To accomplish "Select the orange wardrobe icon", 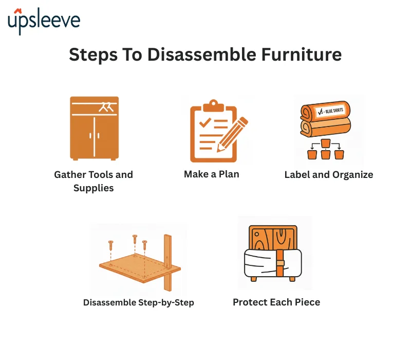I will coord(94,127).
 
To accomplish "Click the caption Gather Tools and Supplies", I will coord(94,181).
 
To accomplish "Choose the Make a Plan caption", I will coord(211,174).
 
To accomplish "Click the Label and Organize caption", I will coord(329,175).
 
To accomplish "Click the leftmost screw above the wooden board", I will coord(110,245).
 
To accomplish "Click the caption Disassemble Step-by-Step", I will coord(139,302).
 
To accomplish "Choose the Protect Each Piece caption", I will coord(276,302).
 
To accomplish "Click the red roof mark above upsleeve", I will coord(18,10).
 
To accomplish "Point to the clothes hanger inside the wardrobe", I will coord(107,107).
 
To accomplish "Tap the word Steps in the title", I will coord(92,55).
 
